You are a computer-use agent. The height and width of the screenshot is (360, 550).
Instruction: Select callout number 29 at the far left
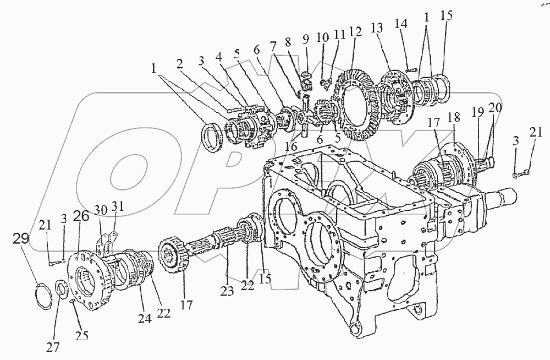(21, 239)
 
